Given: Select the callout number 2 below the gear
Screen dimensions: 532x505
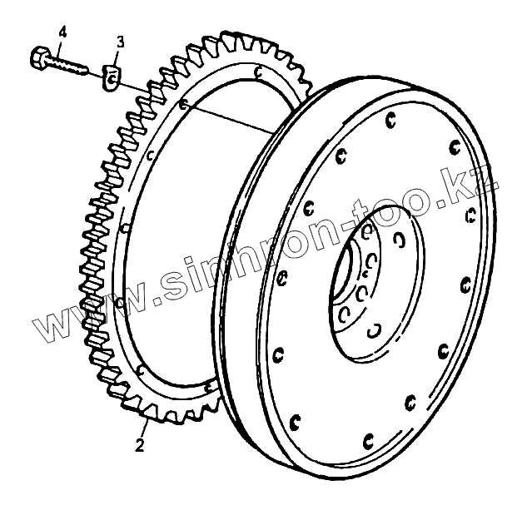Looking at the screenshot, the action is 140,443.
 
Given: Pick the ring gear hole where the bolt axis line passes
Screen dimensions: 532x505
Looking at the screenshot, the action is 184,104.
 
